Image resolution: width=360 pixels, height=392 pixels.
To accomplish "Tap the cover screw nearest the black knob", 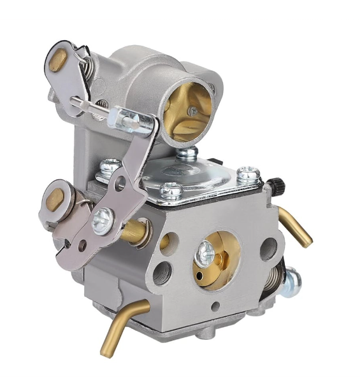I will click(248, 173).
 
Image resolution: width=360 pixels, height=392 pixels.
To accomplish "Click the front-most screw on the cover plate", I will click(171, 189).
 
